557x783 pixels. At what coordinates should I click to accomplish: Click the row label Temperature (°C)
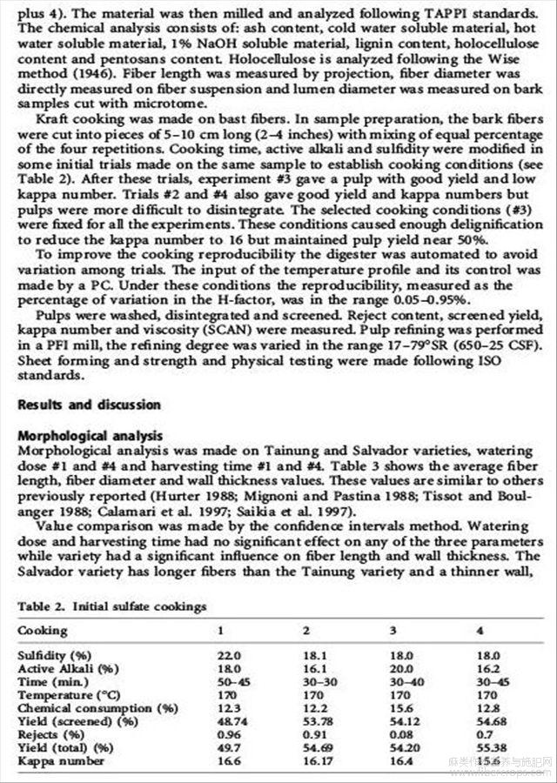tap(68, 694)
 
